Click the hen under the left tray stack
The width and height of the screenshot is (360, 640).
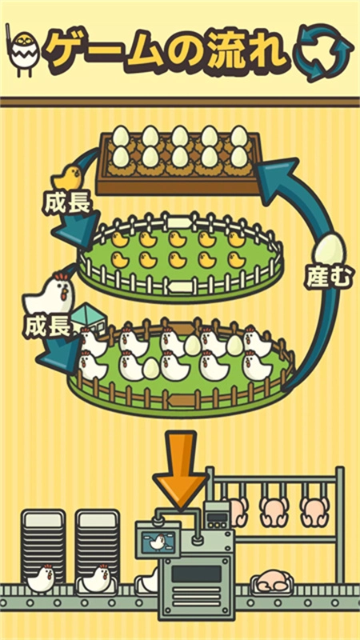coord(40,578)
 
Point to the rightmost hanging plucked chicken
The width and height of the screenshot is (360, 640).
coord(314,510)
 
